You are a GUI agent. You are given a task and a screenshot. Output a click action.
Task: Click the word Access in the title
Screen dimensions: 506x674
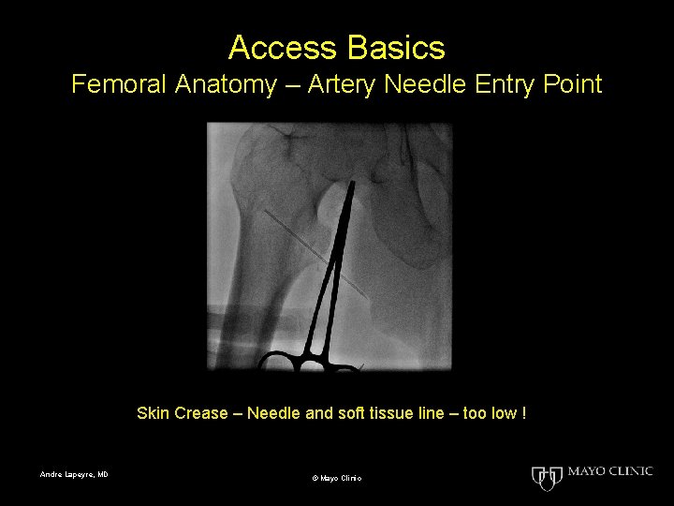(276, 47)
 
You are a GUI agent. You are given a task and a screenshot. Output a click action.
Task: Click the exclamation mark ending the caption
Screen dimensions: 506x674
(524, 413)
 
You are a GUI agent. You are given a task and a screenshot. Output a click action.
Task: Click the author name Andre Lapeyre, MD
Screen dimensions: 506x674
(74, 475)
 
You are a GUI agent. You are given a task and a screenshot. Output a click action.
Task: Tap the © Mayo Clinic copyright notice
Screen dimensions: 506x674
(337, 479)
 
